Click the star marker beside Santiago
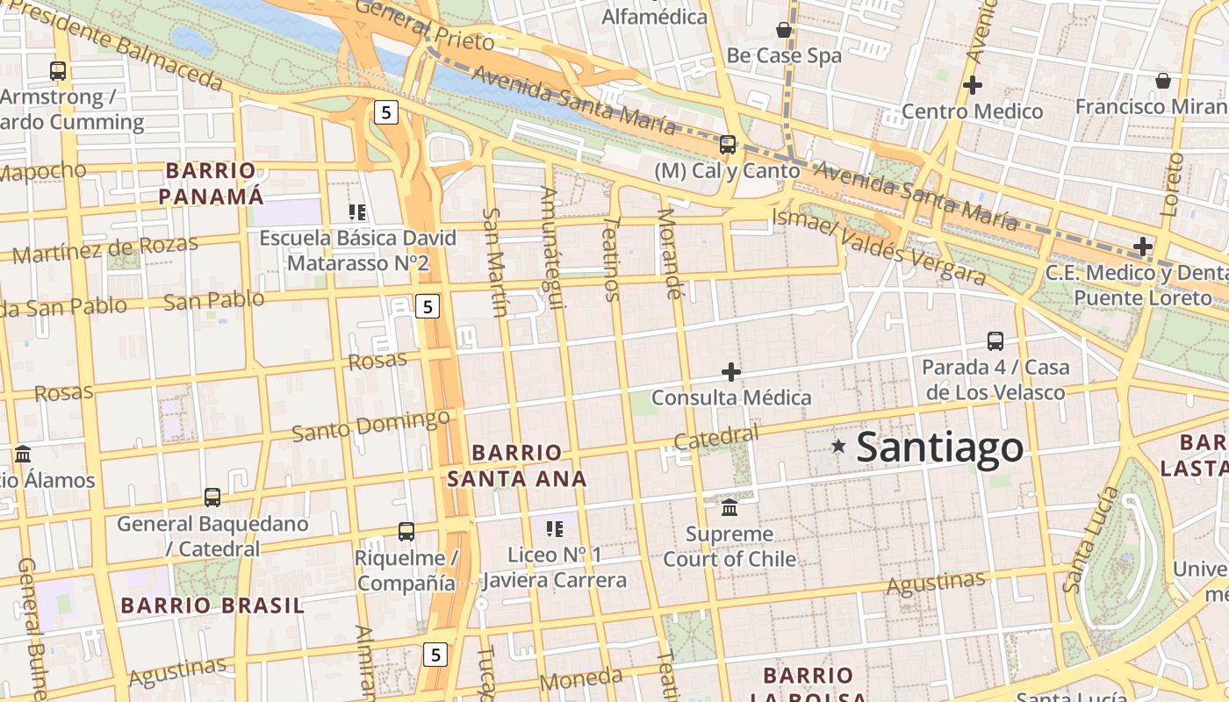tap(838, 447)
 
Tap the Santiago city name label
tap(939, 448)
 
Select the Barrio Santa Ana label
tap(516, 466)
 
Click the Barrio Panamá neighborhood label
tap(211, 183)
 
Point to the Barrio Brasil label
tap(212, 605)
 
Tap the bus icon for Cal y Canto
tap(727, 145)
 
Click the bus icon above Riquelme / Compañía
tap(406, 531)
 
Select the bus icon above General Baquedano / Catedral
tap(212, 497)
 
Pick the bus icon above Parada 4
tap(995, 340)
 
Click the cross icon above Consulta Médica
tap(730, 372)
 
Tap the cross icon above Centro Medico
tap(972, 85)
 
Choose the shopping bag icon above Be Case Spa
tap(784, 31)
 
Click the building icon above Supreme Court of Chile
tap(729, 508)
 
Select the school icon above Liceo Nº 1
tap(554, 528)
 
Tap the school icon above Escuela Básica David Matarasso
tap(356, 211)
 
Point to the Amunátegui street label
tap(551, 247)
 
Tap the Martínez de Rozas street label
tap(105, 249)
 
